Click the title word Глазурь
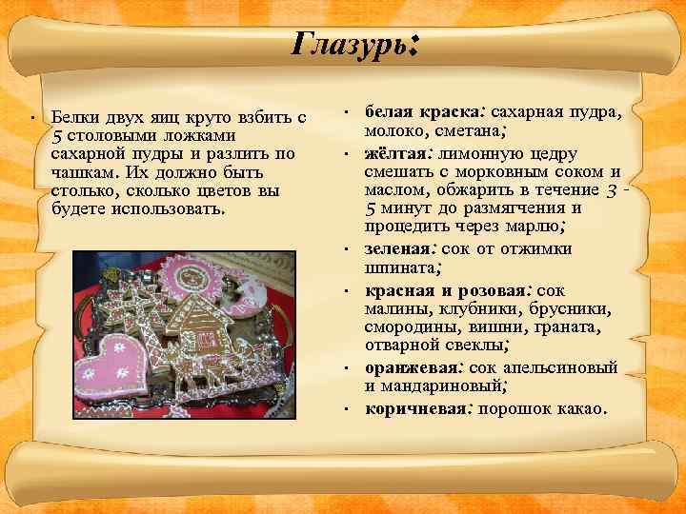tap(349, 44)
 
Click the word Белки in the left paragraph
tap(73, 118)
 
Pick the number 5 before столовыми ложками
tap(58, 136)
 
